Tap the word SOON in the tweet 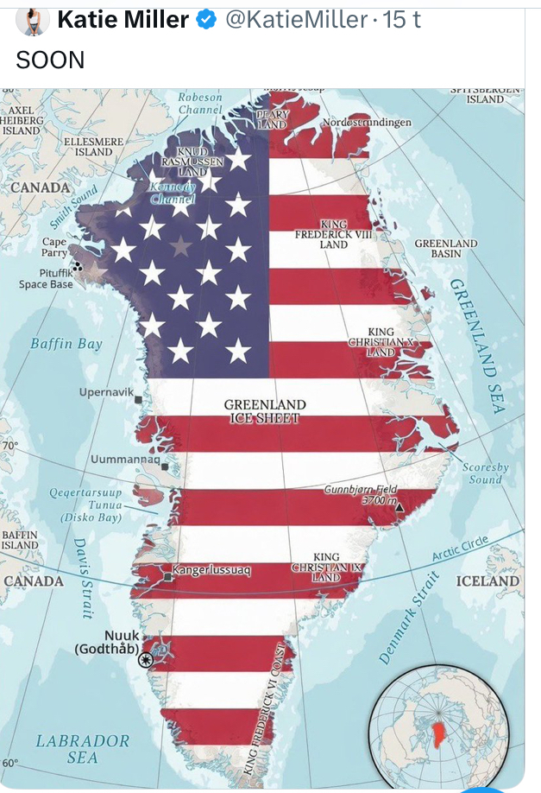click(x=51, y=60)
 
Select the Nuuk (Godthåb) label click(x=107, y=642)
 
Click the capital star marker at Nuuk click(x=146, y=659)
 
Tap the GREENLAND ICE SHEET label click(x=265, y=411)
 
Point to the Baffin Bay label click(x=66, y=344)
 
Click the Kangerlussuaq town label click(x=211, y=570)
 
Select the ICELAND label click(x=488, y=580)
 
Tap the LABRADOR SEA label click(x=83, y=749)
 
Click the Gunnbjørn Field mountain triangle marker click(x=399, y=507)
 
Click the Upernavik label click(x=106, y=392)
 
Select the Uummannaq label click(x=125, y=459)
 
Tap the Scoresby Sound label click(x=486, y=473)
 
